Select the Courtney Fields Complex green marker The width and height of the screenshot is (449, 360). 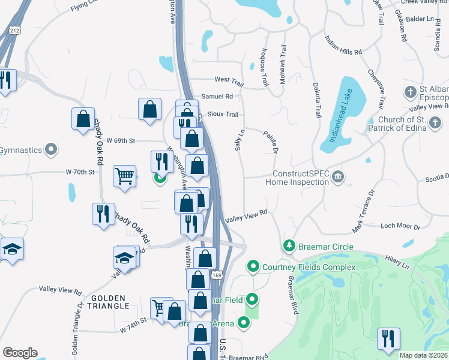pyautogui.click(x=253, y=266)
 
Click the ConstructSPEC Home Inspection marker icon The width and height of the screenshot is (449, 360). pyautogui.click(x=339, y=176)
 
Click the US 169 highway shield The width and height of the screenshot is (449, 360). pyautogui.click(x=217, y=275)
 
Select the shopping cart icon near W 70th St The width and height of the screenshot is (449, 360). pyautogui.click(x=124, y=176)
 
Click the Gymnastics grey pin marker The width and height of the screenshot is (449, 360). pyautogui.click(x=52, y=149)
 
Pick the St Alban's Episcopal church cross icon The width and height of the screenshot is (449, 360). pyautogui.click(x=410, y=92)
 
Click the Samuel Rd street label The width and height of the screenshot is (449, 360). pyautogui.click(x=217, y=96)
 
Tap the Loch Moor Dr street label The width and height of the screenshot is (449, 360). pyautogui.click(x=400, y=226)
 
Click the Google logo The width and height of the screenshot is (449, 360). pyautogui.click(x=19, y=352)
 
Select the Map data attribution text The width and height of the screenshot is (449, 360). pyautogui.click(x=424, y=355)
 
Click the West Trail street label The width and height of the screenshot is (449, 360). pyautogui.click(x=229, y=80)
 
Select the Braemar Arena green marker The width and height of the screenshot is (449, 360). pyautogui.click(x=244, y=323)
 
